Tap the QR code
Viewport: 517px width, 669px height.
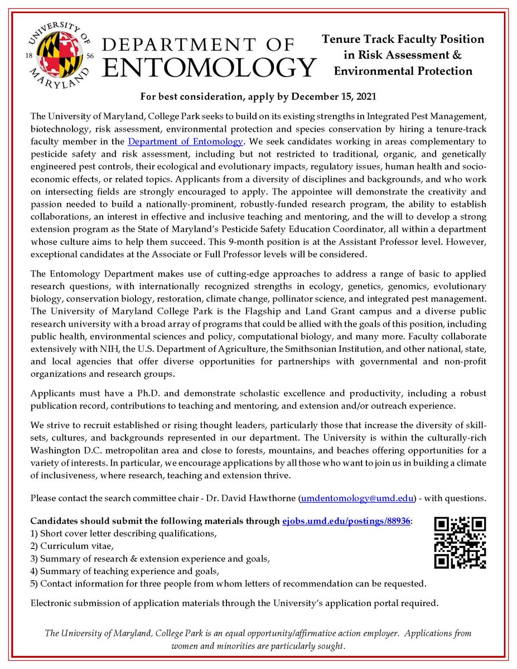[460, 542]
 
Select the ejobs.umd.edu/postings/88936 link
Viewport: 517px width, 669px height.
[345, 521]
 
